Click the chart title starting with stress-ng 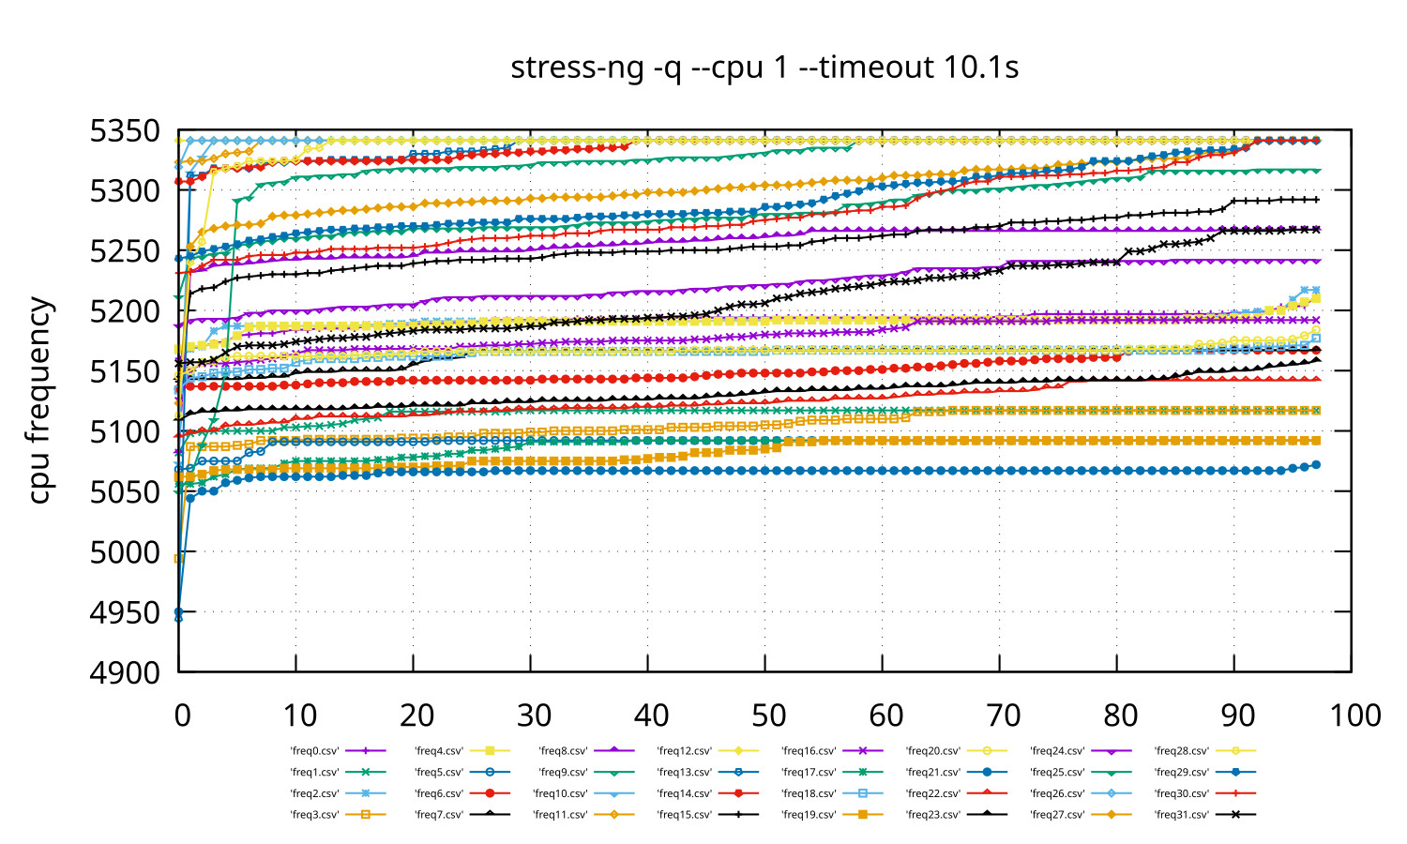pos(764,68)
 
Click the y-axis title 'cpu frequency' pos(38,400)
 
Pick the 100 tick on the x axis pos(1354,716)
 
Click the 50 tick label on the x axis pos(768,716)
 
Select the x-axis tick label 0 pos(182,716)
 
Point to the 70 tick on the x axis pos(1003,716)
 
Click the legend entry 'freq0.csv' pos(315,751)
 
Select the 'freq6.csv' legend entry pos(439,793)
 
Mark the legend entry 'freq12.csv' pos(685,751)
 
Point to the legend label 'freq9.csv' pos(564,773)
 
